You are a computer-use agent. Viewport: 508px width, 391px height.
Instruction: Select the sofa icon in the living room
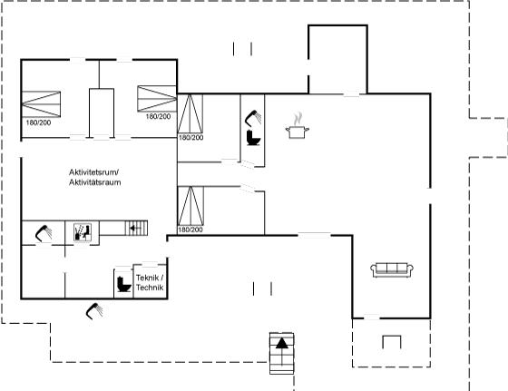pyautogui.click(x=392, y=270)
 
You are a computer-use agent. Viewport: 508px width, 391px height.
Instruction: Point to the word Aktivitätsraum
pyautogui.click(x=95, y=182)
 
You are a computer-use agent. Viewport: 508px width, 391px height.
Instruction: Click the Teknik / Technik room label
pyautogui.click(x=150, y=282)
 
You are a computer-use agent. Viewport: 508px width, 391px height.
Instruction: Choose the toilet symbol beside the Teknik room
pyautogui.click(x=123, y=284)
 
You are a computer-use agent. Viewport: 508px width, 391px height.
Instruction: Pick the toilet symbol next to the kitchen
pyautogui.click(x=253, y=138)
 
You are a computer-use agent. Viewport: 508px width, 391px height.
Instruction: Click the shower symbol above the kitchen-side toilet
pyautogui.click(x=253, y=118)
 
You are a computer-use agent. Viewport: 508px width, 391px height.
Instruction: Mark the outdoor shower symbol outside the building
pyautogui.click(x=94, y=311)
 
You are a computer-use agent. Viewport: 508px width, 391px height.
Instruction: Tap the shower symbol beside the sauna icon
pyautogui.click(x=44, y=233)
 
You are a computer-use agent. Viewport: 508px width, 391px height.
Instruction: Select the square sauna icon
pyautogui.click(x=83, y=232)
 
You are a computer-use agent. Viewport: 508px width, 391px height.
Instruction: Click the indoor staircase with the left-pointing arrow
pyautogui.click(x=136, y=228)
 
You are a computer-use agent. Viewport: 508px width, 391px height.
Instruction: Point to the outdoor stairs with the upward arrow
pyautogui.click(x=282, y=354)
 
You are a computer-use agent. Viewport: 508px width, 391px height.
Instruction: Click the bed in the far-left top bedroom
pyautogui.click(x=41, y=104)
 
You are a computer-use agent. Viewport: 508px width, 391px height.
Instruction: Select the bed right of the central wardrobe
pyautogui.click(x=157, y=99)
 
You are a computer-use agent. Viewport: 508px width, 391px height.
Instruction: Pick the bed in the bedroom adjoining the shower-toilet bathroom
pyautogui.click(x=190, y=113)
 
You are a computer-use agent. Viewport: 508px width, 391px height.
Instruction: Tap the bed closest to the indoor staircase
pyautogui.click(x=190, y=206)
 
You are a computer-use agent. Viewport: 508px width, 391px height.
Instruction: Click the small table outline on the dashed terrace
pyautogui.click(x=392, y=342)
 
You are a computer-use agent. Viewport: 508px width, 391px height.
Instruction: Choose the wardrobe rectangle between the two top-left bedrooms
pyautogui.click(x=102, y=113)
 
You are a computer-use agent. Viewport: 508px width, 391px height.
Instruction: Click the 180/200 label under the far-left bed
pyautogui.click(x=38, y=122)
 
